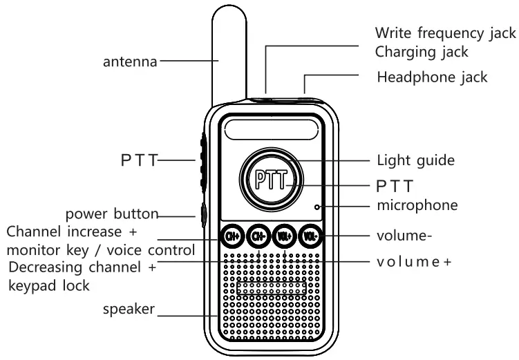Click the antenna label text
[130, 62]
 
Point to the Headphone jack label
[432, 77]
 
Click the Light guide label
[415, 160]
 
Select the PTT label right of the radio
[394, 186]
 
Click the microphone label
[417, 205]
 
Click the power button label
[113, 212]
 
